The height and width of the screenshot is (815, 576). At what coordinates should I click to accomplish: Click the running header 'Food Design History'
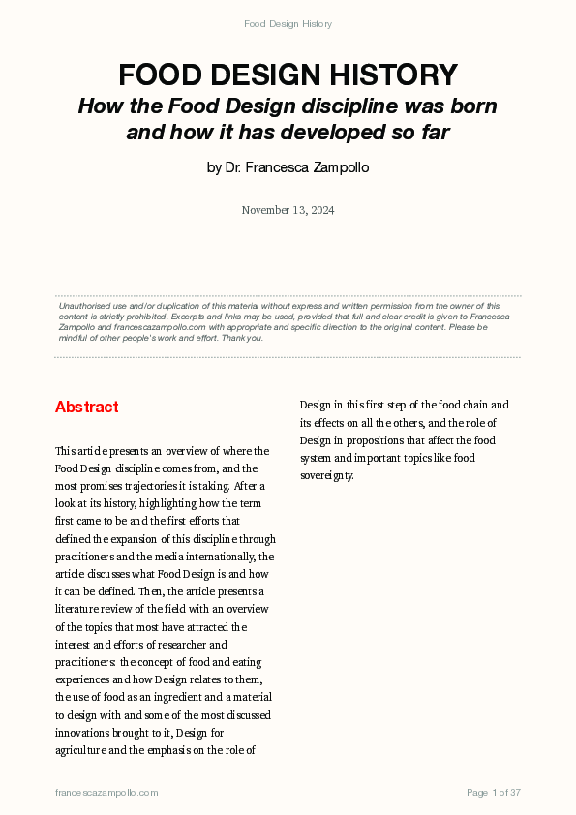click(288, 23)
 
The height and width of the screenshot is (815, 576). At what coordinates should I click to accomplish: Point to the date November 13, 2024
click(288, 210)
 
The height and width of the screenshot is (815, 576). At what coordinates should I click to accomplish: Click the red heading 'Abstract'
click(87, 407)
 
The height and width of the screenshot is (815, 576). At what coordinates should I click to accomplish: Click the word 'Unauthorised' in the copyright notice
click(83, 306)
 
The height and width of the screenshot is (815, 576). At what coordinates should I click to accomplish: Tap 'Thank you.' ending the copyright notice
click(241, 338)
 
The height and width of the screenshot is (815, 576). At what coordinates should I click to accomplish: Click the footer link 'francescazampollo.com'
click(106, 793)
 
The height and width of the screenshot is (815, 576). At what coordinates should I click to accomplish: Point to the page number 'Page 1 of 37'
click(494, 793)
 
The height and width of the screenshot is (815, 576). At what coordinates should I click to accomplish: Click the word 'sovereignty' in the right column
click(327, 476)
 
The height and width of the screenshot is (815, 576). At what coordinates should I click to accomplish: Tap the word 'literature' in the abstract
click(77, 610)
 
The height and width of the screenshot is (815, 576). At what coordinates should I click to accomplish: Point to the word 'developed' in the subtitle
click(342, 133)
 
